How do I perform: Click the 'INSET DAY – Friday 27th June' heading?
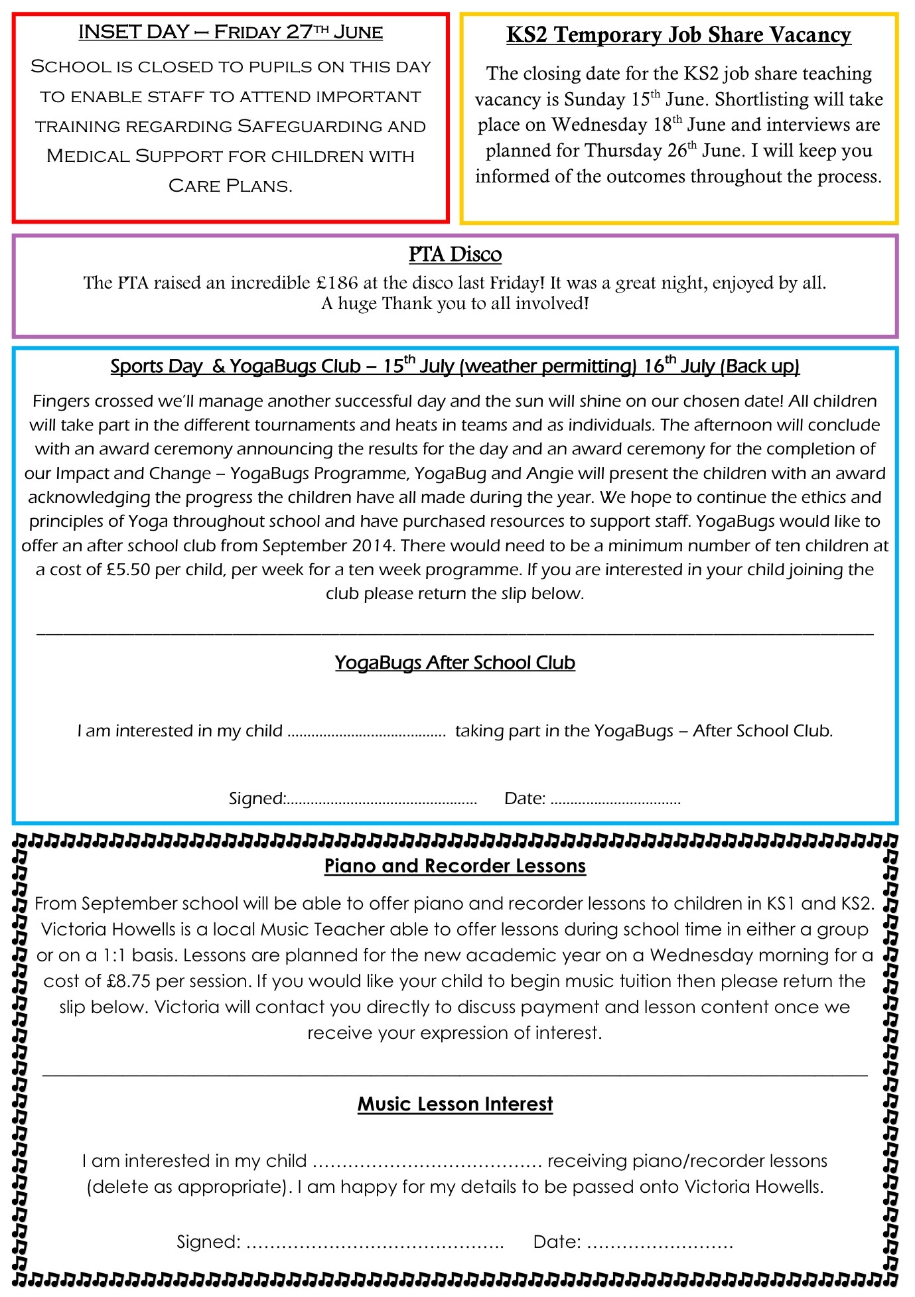pyautogui.click(x=230, y=32)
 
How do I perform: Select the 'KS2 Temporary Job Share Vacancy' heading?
pyautogui.click(x=678, y=34)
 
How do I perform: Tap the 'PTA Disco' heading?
pyautogui.click(x=455, y=254)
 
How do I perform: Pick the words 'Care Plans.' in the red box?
pyautogui.click(x=230, y=186)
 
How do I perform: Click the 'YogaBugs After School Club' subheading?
pyautogui.click(x=455, y=663)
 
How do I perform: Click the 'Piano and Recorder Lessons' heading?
pyautogui.click(x=455, y=866)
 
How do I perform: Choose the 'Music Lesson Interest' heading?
pyautogui.click(x=455, y=1104)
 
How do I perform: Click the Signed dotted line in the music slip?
pyautogui.click(x=375, y=1242)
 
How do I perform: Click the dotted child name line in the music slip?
pyautogui.click(x=427, y=1162)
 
